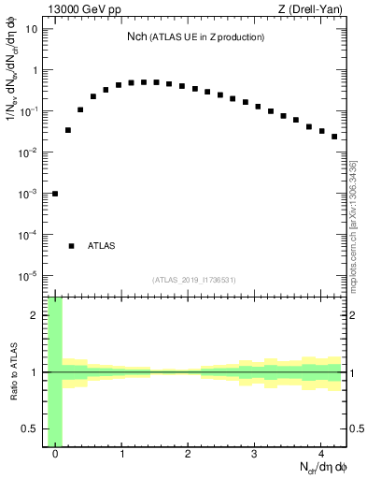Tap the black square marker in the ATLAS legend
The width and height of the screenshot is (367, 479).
(72, 246)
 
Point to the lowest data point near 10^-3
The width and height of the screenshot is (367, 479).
(55, 194)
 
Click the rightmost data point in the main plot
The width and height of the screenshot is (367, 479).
(333, 137)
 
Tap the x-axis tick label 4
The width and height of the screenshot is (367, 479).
(320, 456)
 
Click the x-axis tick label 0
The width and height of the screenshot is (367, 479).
(56, 456)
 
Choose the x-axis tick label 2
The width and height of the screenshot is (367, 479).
(189, 456)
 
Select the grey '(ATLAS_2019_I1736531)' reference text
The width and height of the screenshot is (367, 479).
(194, 280)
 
